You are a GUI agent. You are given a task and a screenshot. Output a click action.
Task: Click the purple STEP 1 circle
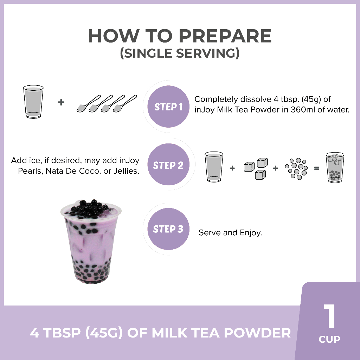pos(168,107)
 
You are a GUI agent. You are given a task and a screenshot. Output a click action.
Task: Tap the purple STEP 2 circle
pos(168,165)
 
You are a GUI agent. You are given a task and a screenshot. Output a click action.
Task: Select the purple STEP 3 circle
pos(168,229)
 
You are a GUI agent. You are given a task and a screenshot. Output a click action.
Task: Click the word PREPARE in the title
pos(225,36)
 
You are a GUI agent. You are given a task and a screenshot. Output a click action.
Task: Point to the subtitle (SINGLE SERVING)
pos(180,53)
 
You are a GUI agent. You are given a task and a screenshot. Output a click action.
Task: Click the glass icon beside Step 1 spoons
pos(33,102)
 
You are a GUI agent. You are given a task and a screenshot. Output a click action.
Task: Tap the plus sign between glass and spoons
pos(61,102)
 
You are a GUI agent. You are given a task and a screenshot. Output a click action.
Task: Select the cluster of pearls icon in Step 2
pos(296,168)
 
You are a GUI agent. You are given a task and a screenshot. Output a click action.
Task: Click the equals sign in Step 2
pos(317,168)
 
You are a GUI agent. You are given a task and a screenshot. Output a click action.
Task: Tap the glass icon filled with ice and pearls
pos(335,167)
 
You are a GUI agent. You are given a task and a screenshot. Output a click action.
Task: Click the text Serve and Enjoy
pos(230,233)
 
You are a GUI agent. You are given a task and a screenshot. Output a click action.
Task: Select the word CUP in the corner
pos(329,339)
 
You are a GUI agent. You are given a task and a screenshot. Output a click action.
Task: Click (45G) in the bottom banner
pos(104,333)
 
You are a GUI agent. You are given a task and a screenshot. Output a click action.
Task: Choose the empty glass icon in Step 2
pos(214,167)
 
